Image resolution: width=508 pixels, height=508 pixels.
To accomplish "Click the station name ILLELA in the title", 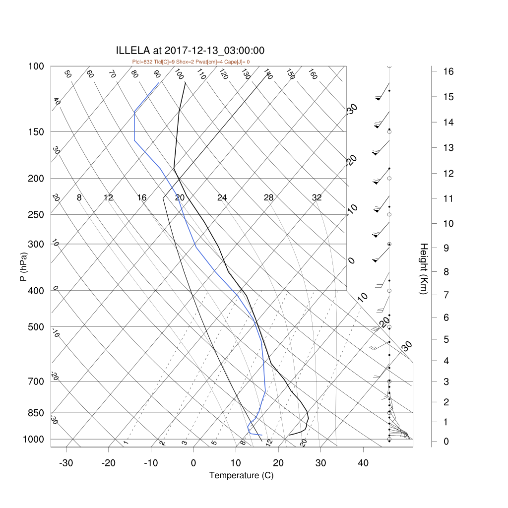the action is [133, 51].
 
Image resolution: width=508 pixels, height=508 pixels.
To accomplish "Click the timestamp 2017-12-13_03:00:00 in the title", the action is [214, 51].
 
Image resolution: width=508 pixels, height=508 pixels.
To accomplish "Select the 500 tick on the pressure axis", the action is [36, 327].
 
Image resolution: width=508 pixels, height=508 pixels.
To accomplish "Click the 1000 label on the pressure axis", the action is [33, 440].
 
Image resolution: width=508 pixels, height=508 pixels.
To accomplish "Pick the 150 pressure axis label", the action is [36, 132].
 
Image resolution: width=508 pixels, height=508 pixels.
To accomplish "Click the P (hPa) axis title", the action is [24, 266].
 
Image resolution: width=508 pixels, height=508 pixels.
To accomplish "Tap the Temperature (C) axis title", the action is [242, 476].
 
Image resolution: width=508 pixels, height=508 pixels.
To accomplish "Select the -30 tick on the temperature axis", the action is [66, 463].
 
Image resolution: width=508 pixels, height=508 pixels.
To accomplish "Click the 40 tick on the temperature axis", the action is [363, 463].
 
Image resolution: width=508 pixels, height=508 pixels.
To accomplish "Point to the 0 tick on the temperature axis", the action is [193, 463].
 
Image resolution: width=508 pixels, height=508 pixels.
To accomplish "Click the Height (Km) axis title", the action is [424, 269].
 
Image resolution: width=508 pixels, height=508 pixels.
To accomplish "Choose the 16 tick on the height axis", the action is [448, 71].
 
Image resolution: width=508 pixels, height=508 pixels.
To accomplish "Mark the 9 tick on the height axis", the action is [446, 248].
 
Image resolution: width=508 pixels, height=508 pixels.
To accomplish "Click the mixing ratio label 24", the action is [222, 197].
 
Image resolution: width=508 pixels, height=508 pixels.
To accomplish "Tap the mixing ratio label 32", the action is [317, 197].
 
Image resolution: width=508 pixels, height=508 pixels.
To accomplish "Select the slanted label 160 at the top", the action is [313, 74].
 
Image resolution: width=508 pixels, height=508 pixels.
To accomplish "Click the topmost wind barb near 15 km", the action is [382, 92].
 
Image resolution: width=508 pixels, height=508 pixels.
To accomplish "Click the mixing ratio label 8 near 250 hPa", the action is [79, 197].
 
